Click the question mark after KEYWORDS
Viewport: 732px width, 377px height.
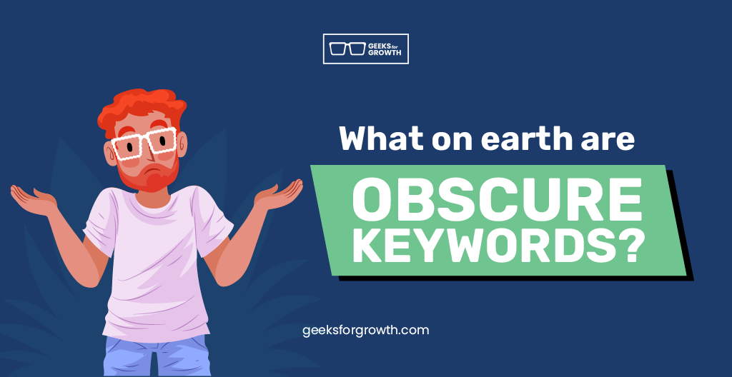point(625,246)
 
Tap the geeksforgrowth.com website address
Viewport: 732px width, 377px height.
point(365,331)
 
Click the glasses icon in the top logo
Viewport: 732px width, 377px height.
point(347,49)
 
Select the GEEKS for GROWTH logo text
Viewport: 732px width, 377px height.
point(385,49)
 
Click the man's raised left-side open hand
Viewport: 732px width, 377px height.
point(34,199)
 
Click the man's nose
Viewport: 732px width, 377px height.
point(149,152)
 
